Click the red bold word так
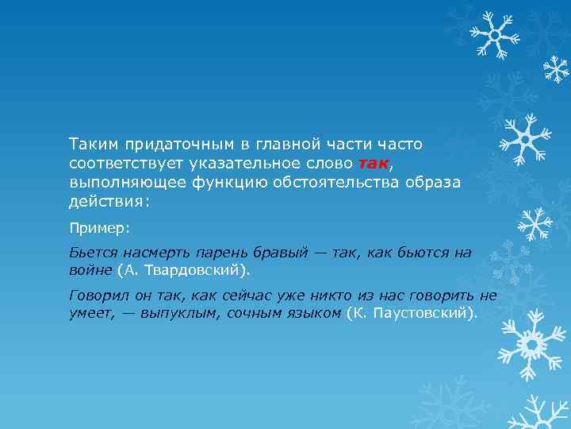tap(373, 164)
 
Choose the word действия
tap(106, 202)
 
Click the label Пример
tap(98, 228)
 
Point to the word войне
tap(90, 271)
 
